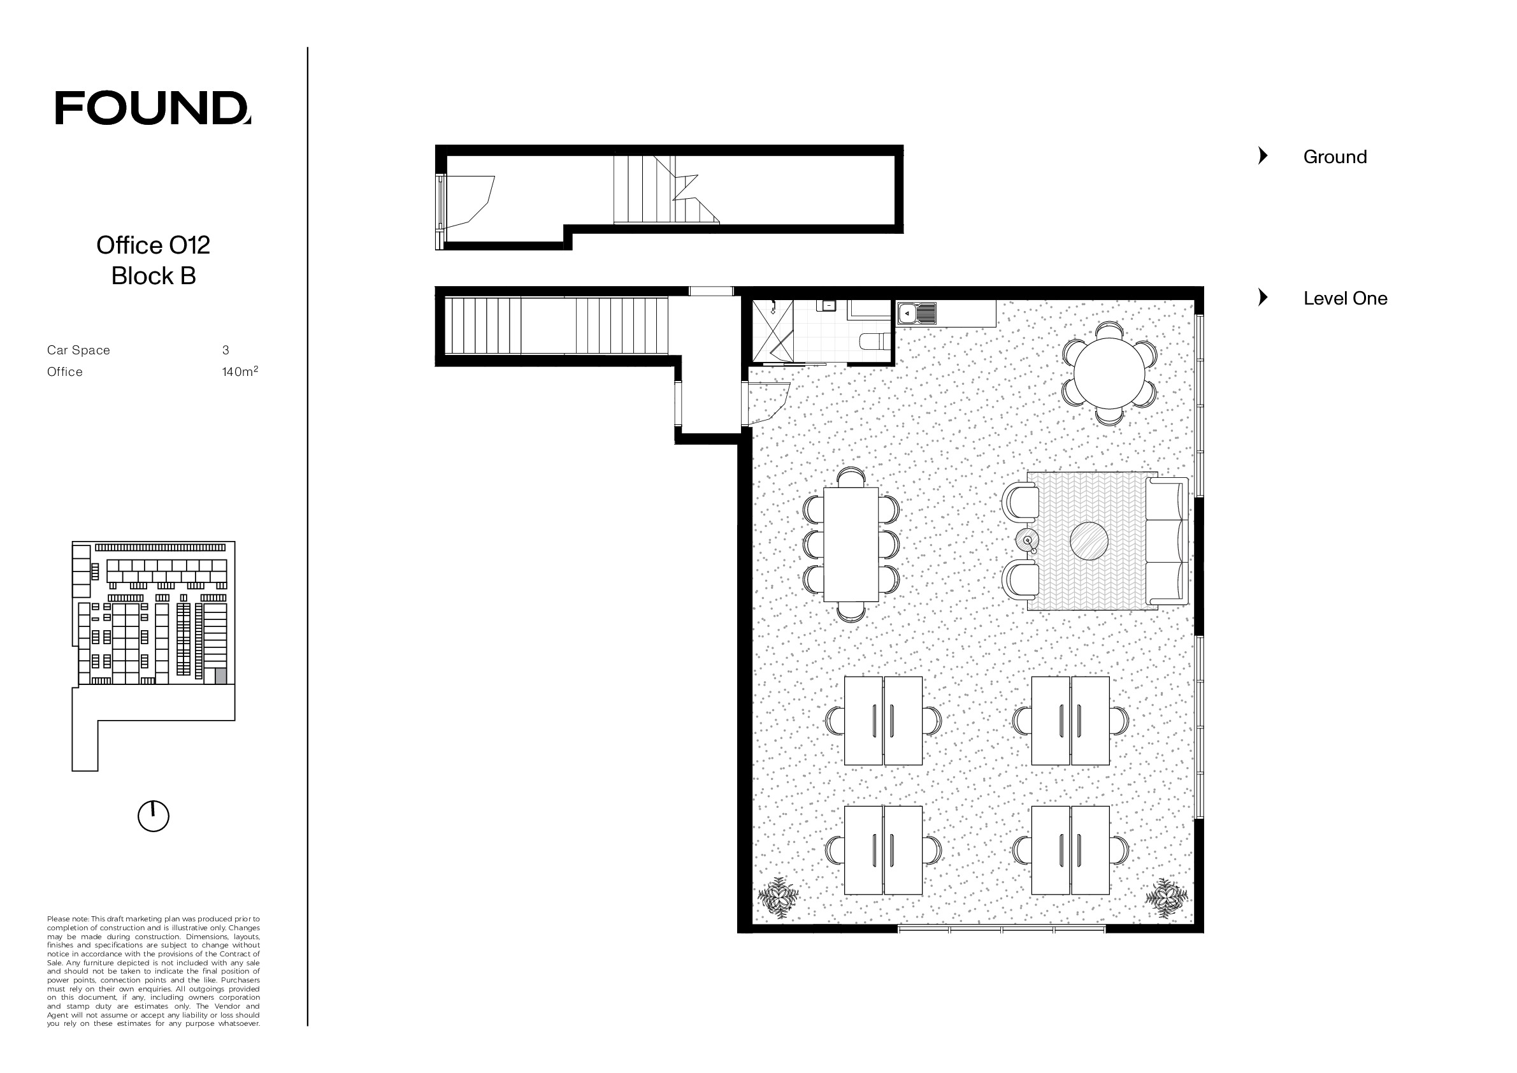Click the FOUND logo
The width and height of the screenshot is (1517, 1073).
click(x=153, y=108)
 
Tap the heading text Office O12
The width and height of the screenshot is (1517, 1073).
click(x=154, y=245)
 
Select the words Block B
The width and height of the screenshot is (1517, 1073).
click(x=154, y=275)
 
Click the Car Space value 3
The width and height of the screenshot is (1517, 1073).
click(x=226, y=350)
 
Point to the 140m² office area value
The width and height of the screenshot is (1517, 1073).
click(x=240, y=371)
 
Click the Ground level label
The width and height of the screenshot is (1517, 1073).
click(x=1335, y=157)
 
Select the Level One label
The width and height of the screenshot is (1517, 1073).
click(x=1345, y=298)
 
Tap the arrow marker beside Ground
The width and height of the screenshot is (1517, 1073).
click(x=1263, y=156)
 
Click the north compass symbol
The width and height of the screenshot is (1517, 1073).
click(x=154, y=816)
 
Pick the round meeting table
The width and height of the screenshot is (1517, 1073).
click(x=1109, y=373)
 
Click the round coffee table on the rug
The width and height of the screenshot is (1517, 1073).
click(x=1089, y=541)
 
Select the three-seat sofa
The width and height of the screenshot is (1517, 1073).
click(x=1167, y=541)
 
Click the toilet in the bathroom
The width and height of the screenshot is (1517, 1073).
click(x=877, y=342)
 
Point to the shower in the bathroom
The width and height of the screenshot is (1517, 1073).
click(x=773, y=331)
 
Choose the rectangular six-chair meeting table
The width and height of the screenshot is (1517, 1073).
click(x=851, y=544)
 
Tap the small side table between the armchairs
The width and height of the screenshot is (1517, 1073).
click(x=1027, y=540)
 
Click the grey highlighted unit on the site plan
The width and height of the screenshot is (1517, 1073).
click(x=220, y=676)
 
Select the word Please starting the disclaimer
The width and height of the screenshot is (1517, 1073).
click(x=57, y=919)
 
